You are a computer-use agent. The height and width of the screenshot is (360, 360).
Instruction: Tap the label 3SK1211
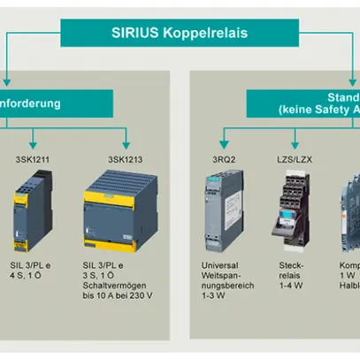33,160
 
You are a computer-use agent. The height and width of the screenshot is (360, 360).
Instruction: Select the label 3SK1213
126,160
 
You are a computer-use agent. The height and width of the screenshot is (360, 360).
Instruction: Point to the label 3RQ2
224,160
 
